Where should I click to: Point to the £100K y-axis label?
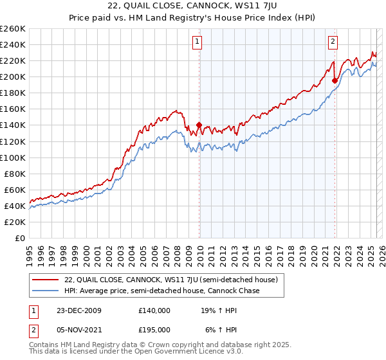tap(12, 157)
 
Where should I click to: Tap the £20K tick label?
tap(14, 222)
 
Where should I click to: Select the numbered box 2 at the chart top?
tap(333, 42)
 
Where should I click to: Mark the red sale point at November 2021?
tap(335, 80)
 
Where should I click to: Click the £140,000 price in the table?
tap(154, 310)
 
